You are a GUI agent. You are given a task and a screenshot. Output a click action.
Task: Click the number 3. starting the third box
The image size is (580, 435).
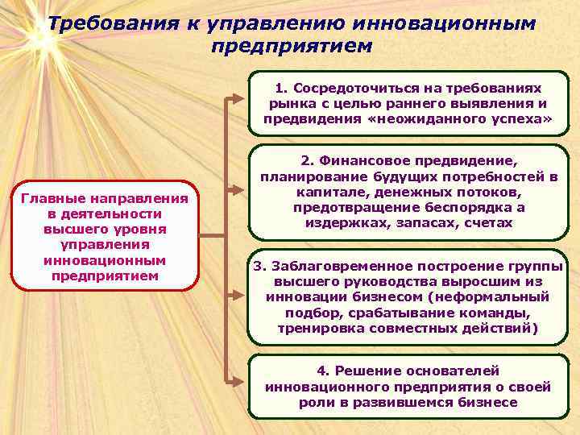259,266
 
